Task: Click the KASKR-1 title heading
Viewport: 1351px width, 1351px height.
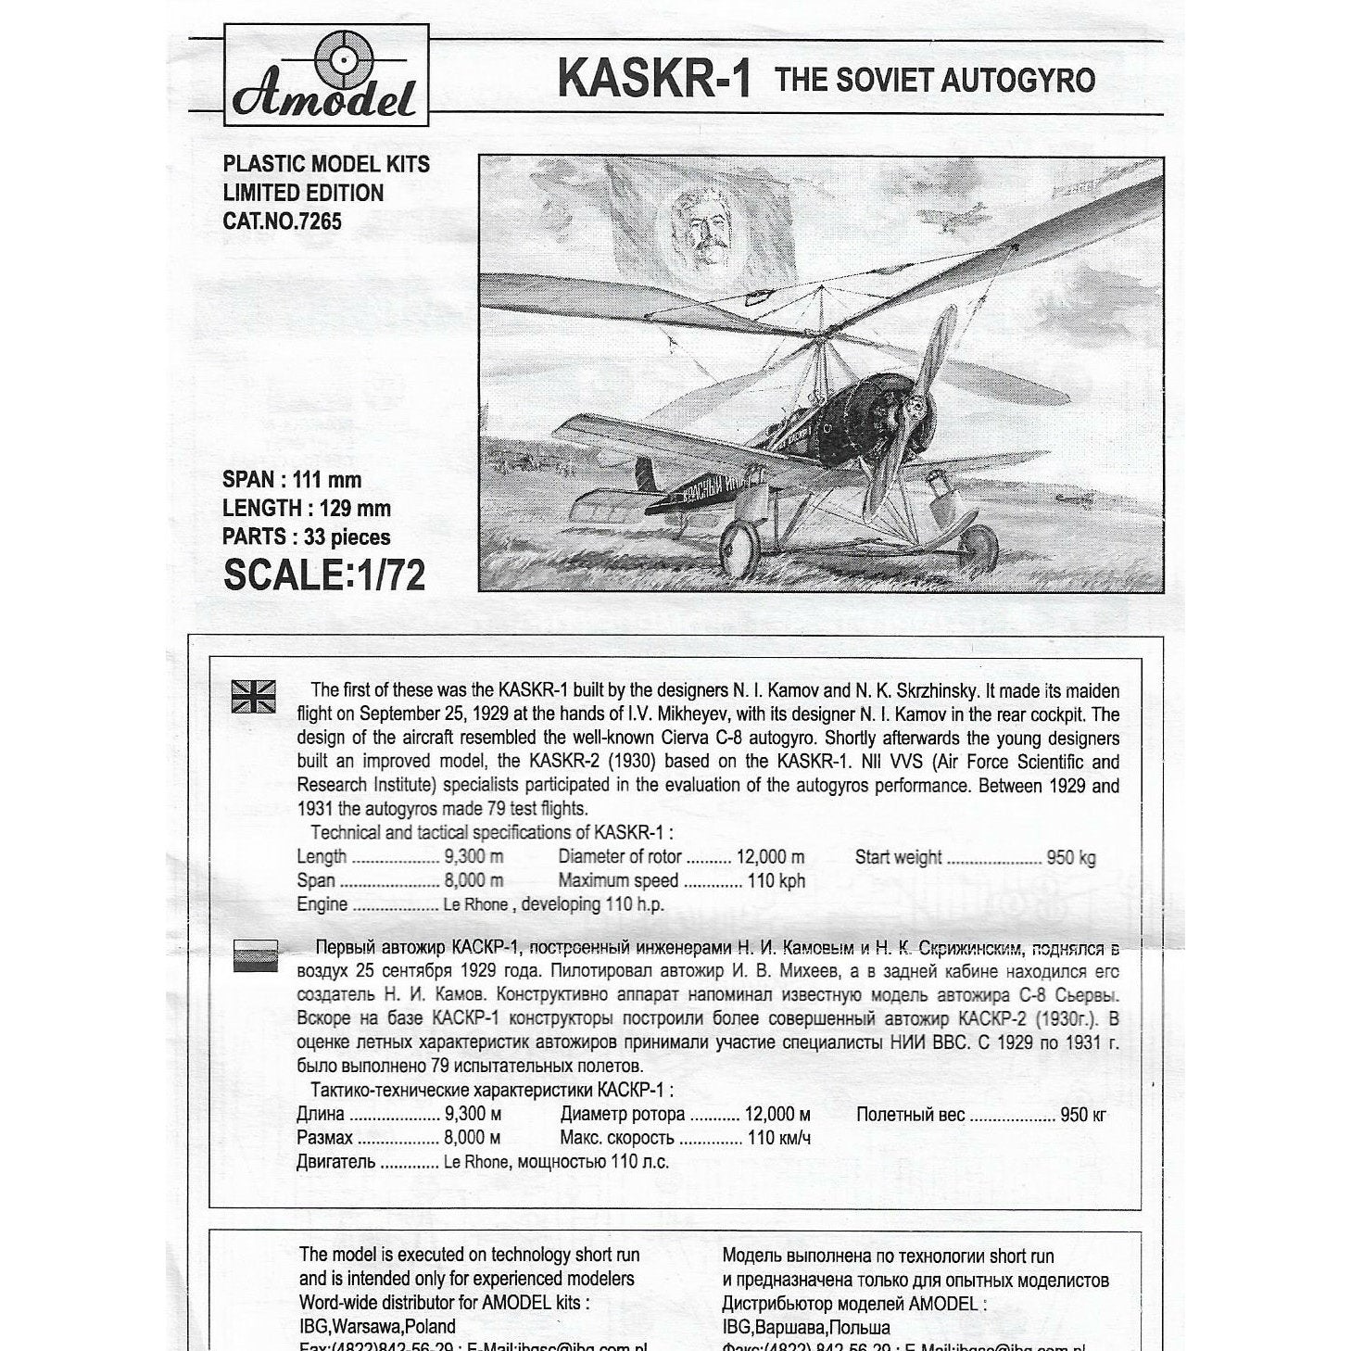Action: point(654,79)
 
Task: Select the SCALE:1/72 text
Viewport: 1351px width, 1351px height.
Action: point(324,574)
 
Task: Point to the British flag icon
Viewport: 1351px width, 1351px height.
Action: point(253,696)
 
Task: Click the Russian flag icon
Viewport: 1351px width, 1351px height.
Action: point(255,954)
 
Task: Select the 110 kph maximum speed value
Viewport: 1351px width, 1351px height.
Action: point(777,880)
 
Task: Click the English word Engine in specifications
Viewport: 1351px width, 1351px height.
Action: point(322,904)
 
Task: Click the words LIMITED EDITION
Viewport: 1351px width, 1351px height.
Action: point(303,193)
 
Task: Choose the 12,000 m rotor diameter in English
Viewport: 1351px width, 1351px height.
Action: point(770,857)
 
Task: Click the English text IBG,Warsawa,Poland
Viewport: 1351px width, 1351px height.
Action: point(377,1326)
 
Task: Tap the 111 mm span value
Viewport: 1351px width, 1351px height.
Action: point(327,480)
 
